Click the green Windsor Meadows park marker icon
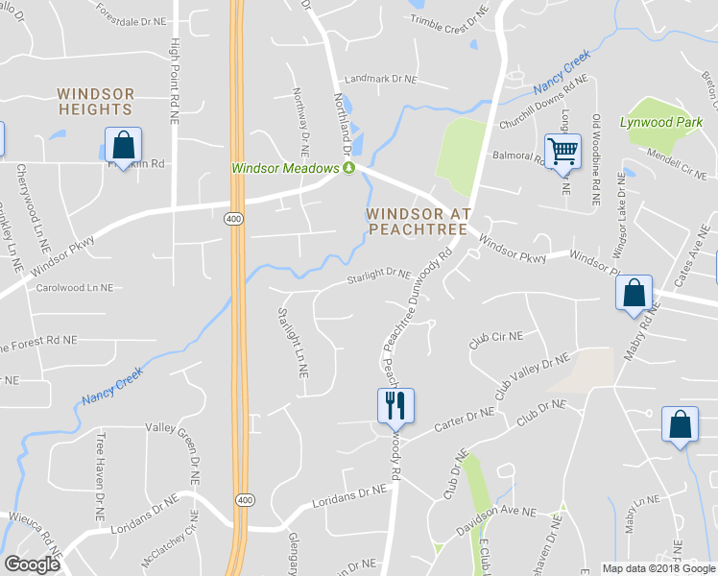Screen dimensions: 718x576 tap(349, 168)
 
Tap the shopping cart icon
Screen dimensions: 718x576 tap(562, 149)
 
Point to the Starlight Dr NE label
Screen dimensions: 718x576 tap(379, 276)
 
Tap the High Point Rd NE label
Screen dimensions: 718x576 tap(175, 82)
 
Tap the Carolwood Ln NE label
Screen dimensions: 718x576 tap(75, 287)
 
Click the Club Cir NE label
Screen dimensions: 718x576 tap(495, 337)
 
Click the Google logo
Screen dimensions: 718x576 tap(33, 564)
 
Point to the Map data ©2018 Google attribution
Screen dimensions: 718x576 tap(658, 568)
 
